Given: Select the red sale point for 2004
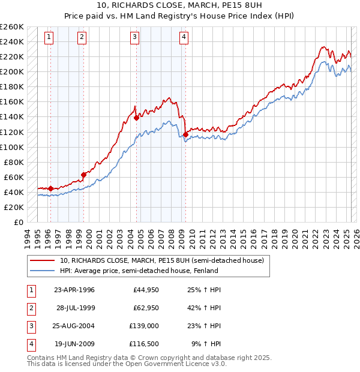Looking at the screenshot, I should click(x=137, y=118).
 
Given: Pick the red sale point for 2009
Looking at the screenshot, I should click(x=186, y=134).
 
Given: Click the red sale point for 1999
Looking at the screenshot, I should click(x=83, y=175).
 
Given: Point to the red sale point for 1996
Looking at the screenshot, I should click(x=50, y=188).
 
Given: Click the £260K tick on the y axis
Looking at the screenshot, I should click(x=12, y=27).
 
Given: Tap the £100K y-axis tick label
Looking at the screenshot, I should click(x=12, y=147).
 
